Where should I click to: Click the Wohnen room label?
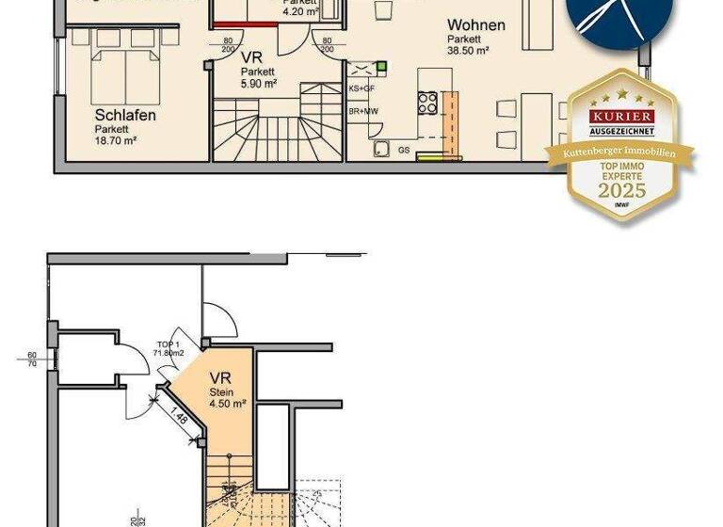pyautogui.click(x=475, y=25)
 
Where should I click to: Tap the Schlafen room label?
pyautogui.click(x=124, y=116)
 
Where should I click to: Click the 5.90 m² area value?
pyautogui.click(x=258, y=83)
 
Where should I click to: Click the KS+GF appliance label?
pyautogui.click(x=361, y=88)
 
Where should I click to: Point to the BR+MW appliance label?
pyautogui.click(x=362, y=111)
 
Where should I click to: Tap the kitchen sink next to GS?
pyautogui.click(x=382, y=148)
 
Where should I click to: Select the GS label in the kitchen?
pyautogui.click(x=403, y=150)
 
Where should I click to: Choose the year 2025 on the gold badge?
pyautogui.click(x=621, y=189)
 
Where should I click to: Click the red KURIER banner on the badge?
pyautogui.click(x=622, y=114)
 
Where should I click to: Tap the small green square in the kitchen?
pyautogui.click(x=382, y=67)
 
